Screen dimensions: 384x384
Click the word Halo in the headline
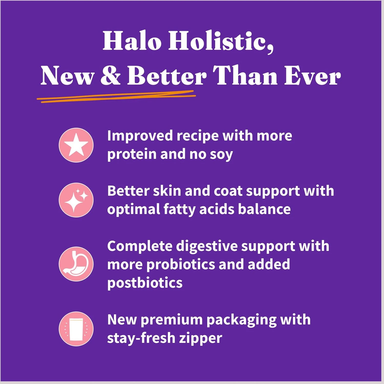click(132, 41)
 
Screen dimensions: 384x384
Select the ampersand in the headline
click(111, 76)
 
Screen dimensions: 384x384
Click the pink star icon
click(76, 145)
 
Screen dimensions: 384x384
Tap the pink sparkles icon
click(76, 200)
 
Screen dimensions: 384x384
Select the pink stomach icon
click(76, 264)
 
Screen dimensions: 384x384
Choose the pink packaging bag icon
click(76, 329)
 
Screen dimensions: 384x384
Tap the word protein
click(132, 155)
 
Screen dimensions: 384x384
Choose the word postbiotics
click(145, 283)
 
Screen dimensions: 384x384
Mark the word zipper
click(200, 338)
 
